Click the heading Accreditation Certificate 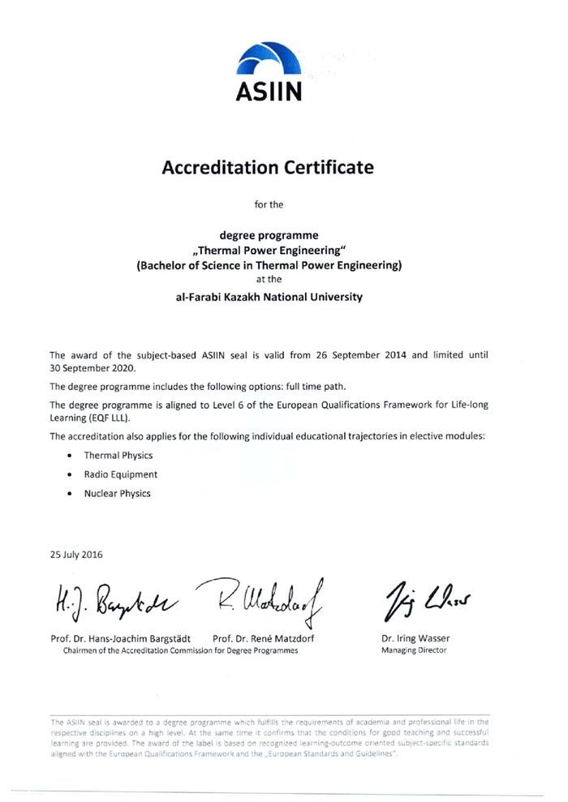pyautogui.click(x=268, y=168)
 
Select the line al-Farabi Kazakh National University pyautogui.click(x=269, y=297)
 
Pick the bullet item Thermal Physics pyautogui.click(x=118, y=456)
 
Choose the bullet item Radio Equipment pyautogui.click(x=120, y=474)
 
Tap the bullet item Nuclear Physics pyautogui.click(x=117, y=493)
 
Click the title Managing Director pyautogui.click(x=414, y=650)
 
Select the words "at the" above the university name pyautogui.click(x=268, y=280)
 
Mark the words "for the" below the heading pyautogui.click(x=269, y=204)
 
